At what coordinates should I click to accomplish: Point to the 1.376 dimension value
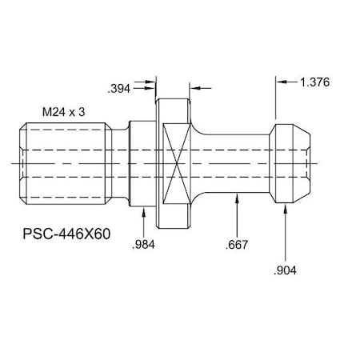click(x=314, y=82)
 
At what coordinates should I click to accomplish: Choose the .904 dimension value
click(x=286, y=270)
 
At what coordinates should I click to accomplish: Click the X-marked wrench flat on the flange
click(x=174, y=164)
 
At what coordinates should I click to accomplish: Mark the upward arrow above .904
click(x=286, y=210)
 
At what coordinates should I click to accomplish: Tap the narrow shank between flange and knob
click(x=236, y=164)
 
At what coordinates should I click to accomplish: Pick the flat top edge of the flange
click(x=174, y=98)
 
